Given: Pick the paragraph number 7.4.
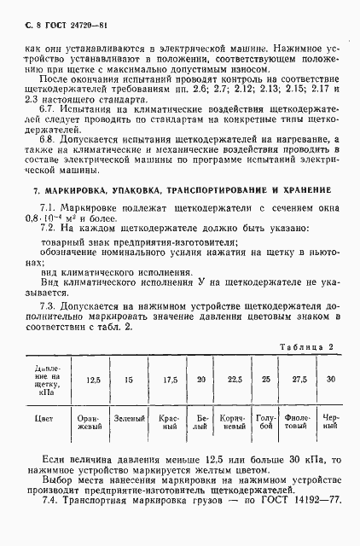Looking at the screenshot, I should [48, 522].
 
